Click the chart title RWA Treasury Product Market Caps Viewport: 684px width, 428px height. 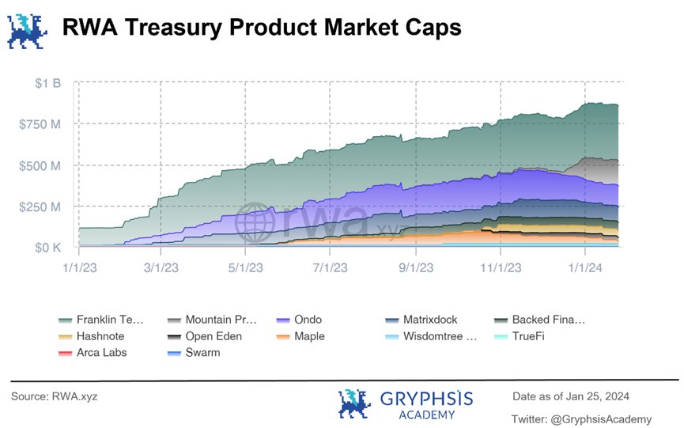tap(261, 28)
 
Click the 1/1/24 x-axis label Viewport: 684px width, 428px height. tap(584, 269)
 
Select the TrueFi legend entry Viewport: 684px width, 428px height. tap(528, 336)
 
